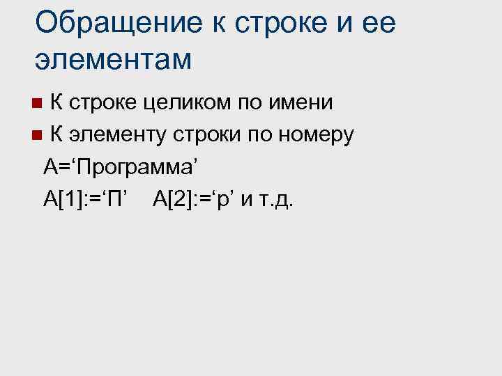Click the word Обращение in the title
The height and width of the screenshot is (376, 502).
click(115, 24)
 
